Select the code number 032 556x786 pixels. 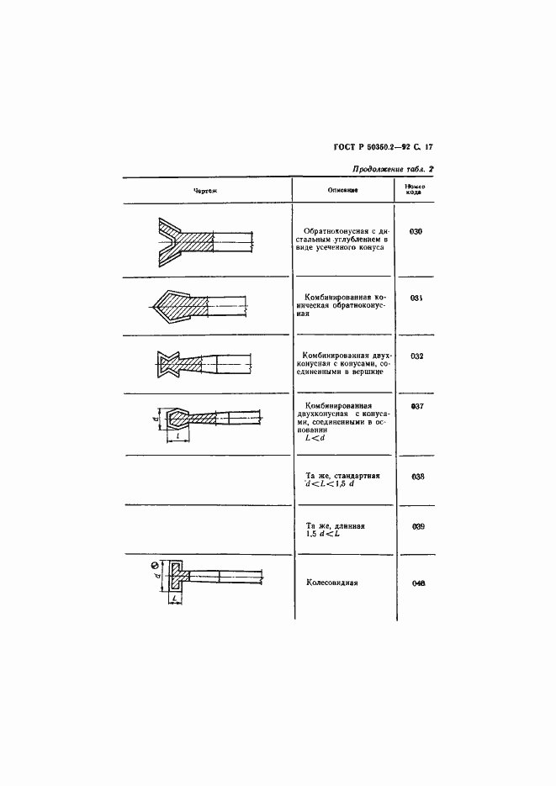pos(416,356)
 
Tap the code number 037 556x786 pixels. pos(416,406)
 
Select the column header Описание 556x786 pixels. pos(343,191)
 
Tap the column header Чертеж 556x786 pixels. pos(205,191)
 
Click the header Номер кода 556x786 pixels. pos(415,189)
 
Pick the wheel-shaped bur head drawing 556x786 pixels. pos(179,576)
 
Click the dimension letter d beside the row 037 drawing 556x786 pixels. pos(158,417)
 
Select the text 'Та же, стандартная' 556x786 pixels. pos(342,475)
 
